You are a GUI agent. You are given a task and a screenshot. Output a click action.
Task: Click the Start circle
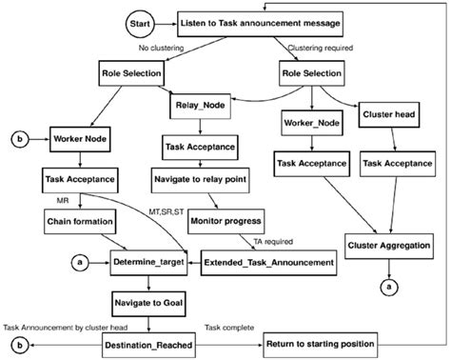[138, 21]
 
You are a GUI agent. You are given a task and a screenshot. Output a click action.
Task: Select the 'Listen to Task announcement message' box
[260, 21]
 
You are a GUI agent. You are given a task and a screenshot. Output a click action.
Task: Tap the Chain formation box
[80, 221]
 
